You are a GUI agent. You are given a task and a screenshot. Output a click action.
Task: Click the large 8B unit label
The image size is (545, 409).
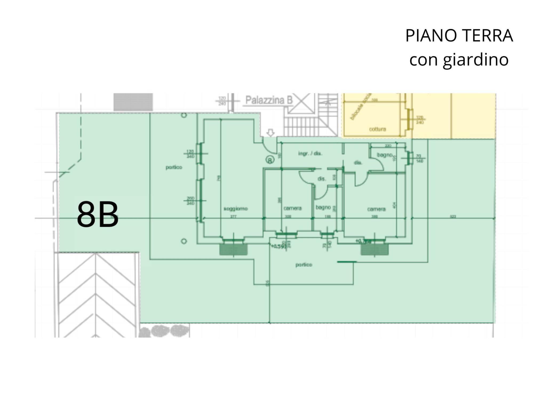98,215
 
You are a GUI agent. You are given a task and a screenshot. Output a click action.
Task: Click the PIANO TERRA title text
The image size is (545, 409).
459,36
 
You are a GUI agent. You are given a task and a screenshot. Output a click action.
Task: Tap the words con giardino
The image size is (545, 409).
459,60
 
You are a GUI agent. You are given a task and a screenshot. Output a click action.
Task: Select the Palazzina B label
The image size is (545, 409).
269,100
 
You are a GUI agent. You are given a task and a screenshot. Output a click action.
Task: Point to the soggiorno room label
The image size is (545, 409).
236,209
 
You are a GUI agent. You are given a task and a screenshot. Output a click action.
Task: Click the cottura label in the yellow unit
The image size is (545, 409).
377,129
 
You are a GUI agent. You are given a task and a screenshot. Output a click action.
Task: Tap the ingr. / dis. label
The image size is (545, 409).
310,154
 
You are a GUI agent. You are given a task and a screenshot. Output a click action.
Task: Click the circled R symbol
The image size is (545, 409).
270,160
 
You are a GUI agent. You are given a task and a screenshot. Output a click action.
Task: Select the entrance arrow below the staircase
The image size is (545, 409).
270,133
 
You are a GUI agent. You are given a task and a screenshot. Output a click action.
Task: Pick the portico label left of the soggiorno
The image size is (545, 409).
174,167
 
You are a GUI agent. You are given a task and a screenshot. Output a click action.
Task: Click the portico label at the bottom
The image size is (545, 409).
304,265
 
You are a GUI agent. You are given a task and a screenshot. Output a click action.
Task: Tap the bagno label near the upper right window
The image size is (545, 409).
384,155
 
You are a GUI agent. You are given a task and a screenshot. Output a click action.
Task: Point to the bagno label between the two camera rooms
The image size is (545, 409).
323,207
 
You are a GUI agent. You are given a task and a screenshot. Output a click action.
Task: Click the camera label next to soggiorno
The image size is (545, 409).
292,208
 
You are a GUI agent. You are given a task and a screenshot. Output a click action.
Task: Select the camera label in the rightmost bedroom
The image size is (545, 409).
376,209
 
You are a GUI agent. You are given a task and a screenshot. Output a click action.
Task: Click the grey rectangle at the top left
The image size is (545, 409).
133,102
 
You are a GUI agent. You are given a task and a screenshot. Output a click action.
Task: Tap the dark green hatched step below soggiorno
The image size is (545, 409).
233,250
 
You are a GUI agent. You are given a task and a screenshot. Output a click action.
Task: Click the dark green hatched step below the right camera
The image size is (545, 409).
375,250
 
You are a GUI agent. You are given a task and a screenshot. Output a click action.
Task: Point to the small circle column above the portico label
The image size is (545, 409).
184,115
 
